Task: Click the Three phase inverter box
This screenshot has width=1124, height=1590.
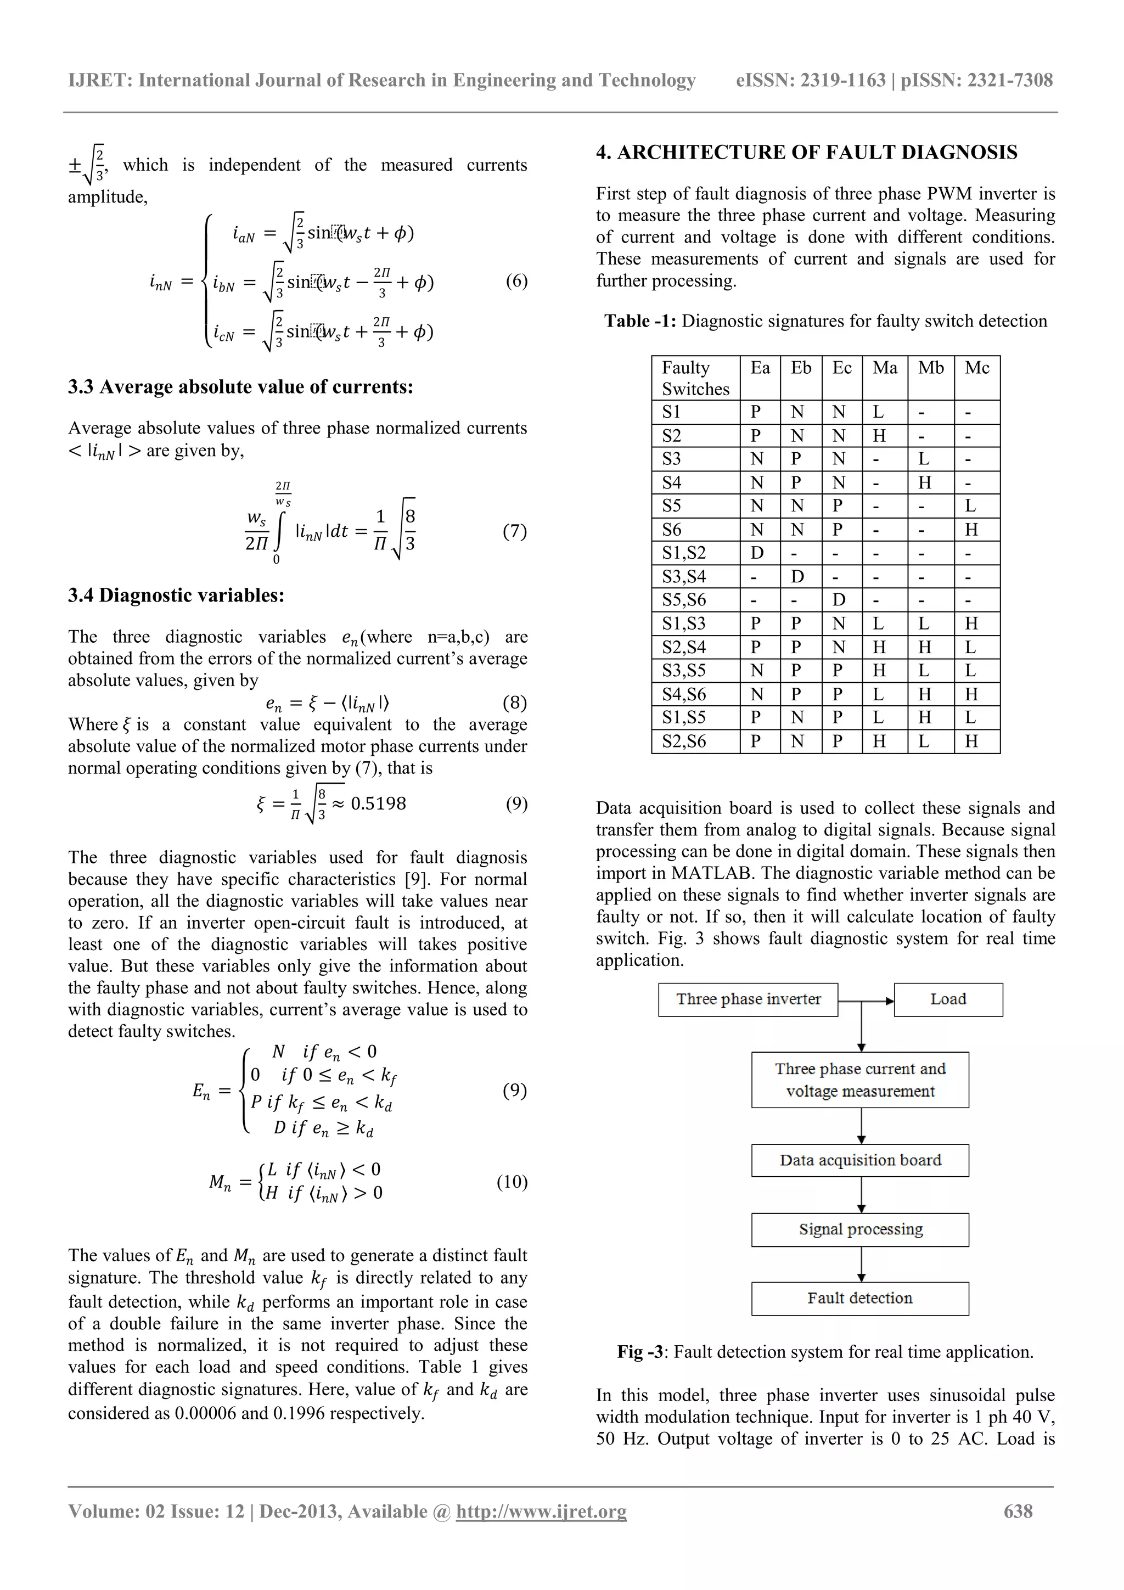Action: coord(748,999)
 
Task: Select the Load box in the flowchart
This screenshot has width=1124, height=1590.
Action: coord(947,999)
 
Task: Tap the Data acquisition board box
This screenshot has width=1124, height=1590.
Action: coord(859,1160)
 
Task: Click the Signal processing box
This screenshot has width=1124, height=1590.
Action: coord(859,1229)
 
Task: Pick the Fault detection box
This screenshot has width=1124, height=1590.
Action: coord(859,1299)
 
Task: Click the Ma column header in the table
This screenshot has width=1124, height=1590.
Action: coord(884,368)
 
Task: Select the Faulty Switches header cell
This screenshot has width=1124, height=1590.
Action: coord(695,378)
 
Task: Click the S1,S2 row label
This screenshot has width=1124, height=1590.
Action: coord(683,553)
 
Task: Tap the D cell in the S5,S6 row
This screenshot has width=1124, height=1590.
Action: coord(839,600)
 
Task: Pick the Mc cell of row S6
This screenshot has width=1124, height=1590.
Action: coord(971,530)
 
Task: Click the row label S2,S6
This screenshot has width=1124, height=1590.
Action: coord(683,741)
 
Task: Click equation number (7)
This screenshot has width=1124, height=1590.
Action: coord(514,531)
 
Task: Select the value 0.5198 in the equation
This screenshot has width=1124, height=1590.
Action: coord(378,804)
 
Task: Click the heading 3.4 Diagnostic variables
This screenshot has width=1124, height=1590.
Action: coord(176,595)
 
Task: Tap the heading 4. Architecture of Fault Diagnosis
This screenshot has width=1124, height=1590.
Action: coord(806,153)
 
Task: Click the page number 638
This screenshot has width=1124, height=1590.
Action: coord(1018,1511)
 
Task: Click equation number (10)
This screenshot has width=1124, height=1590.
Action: coord(512,1182)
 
